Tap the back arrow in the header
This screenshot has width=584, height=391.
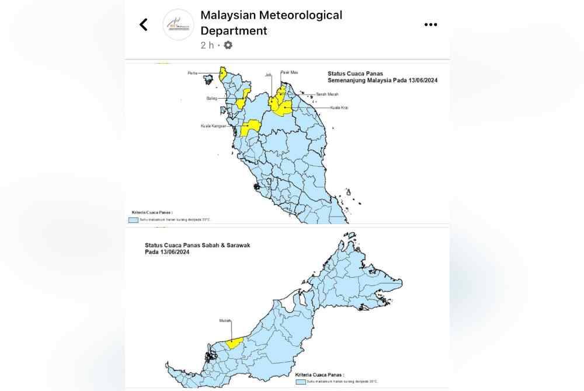[x=144, y=25]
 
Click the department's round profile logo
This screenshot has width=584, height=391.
[x=178, y=25]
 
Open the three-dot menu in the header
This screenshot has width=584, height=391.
[x=430, y=25]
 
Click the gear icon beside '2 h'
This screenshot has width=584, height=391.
[x=228, y=45]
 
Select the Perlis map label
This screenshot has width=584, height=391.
[x=207, y=73]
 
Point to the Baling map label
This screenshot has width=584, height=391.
[x=211, y=99]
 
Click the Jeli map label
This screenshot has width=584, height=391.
[x=269, y=75]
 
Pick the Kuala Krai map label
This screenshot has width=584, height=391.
[x=339, y=107]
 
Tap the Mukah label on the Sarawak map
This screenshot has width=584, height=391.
[x=225, y=320]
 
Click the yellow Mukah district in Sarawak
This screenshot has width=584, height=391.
[x=234, y=343]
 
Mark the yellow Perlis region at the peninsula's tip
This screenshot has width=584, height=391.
[x=223, y=73]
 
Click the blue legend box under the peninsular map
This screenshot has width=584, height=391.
[x=134, y=220]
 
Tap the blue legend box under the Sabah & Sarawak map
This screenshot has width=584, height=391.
[x=300, y=381]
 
